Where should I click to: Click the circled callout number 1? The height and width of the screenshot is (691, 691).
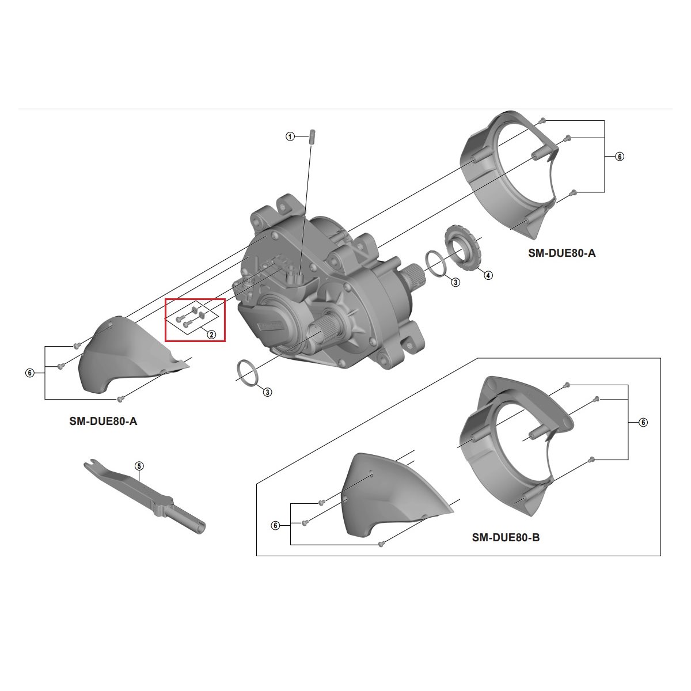click(x=290, y=136)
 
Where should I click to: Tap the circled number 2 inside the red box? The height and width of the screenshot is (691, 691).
click(x=211, y=335)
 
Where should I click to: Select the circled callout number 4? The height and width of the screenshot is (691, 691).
click(x=488, y=275)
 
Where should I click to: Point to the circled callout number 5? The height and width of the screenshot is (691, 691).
click(x=139, y=465)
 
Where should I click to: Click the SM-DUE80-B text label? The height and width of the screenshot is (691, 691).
click(x=506, y=538)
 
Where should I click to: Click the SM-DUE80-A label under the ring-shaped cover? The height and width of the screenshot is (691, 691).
click(x=562, y=252)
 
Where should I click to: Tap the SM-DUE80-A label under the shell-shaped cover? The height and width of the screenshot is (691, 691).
click(x=103, y=421)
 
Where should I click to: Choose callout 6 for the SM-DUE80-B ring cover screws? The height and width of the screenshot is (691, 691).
click(x=643, y=423)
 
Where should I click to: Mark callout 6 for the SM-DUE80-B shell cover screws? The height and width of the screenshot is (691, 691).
click(x=275, y=526)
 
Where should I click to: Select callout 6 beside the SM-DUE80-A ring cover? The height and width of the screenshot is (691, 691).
click(x=620, y=157)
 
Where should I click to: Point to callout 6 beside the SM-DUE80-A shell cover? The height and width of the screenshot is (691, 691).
click(x=29, y=373)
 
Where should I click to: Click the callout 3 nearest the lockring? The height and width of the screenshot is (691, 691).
click(x=455, y=282)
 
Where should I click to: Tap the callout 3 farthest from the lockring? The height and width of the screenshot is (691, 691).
click(x=268, y=392)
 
